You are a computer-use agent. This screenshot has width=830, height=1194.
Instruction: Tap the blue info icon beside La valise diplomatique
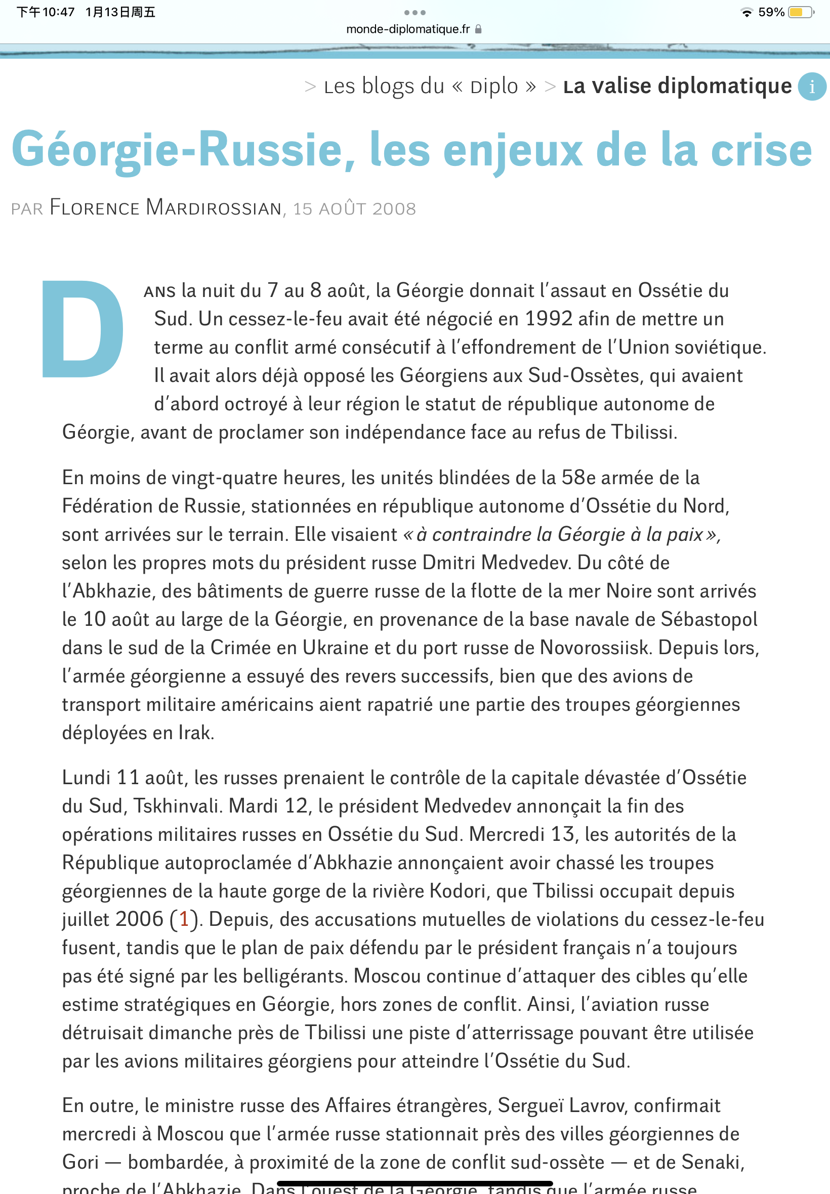[x=811, y=87]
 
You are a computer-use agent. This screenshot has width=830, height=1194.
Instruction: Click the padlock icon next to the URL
[x=478, y=29]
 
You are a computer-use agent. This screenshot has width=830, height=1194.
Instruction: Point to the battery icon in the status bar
[x=800, y=12]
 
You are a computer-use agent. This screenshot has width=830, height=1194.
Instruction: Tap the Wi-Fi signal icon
[x=746, y=12]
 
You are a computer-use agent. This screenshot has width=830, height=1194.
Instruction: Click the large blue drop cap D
[x=82, y=328]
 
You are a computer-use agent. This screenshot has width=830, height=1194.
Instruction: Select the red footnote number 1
[x=184, y=919]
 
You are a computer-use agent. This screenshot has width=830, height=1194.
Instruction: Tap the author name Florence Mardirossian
[x=165, y=208]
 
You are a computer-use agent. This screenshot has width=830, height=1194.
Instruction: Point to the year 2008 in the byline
[x=394, y=209]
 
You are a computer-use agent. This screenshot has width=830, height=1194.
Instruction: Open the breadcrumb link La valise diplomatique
[x=677, y=87]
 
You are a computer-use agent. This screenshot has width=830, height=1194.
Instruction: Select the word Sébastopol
[x=709, y=619]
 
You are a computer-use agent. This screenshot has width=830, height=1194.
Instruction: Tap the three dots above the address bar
[x=414, y=13]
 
